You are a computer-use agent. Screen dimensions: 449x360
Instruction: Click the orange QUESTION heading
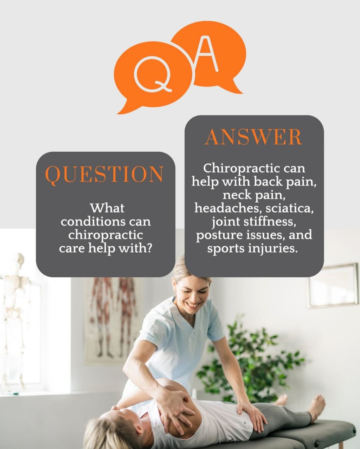[105, 174]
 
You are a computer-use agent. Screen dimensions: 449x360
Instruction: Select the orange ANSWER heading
[253, 137]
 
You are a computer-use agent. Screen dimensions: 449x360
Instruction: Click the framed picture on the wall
[333, 286]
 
